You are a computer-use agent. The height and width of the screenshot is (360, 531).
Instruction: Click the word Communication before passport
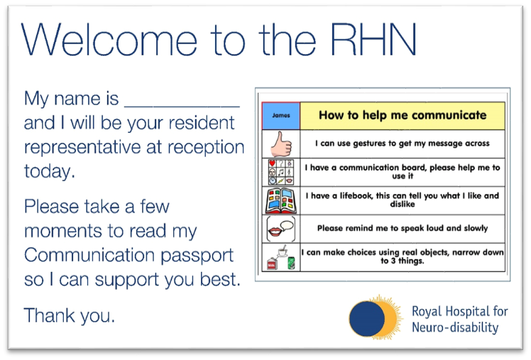pyautogui.click(x=89, y=255)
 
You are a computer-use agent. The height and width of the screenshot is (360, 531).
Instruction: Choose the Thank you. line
pyautogui.click(x=70, y=315)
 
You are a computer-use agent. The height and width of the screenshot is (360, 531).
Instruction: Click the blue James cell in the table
pyautogui.click(x=280, y=115)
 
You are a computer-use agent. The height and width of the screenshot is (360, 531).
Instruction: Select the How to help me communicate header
pyautogui.click(x=402, y=115)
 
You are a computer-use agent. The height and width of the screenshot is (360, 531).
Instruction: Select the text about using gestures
pyautogui.click(x=402, y=143)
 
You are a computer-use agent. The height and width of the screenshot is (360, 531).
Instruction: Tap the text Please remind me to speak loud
pyautogui.click(x=402, y=229)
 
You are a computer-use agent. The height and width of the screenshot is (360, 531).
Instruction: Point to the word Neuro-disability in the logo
pyautogui.click(x=455, y=327)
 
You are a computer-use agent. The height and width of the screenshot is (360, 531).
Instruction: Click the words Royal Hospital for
pyautogui.click(x=460, y=311)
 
